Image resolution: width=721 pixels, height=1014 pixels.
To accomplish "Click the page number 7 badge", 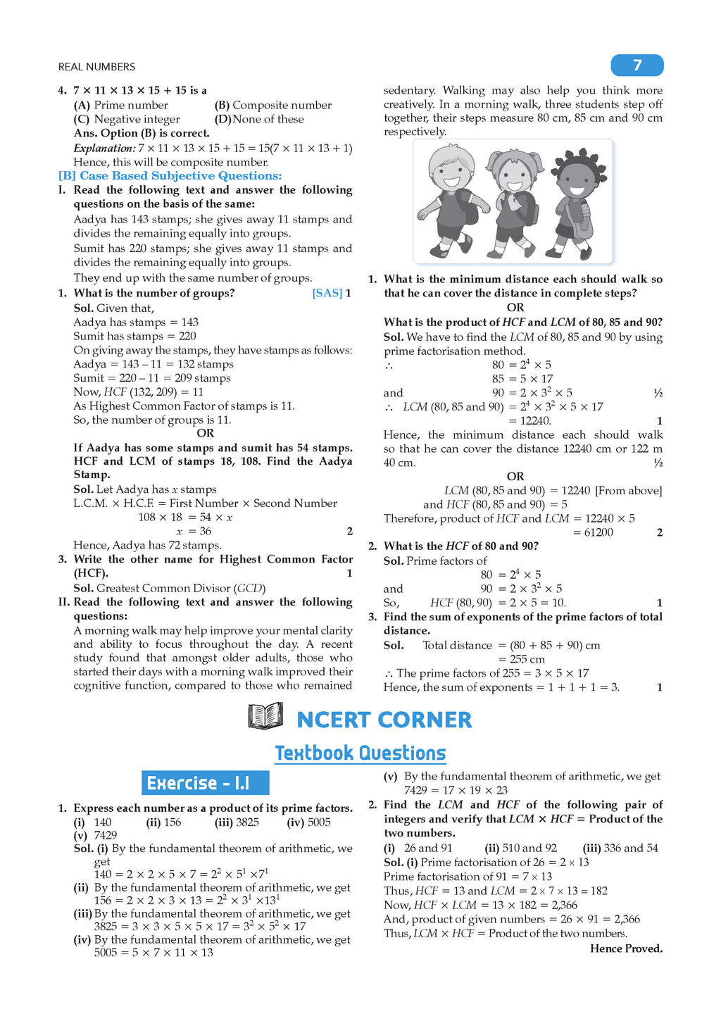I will click(x=637, y=65).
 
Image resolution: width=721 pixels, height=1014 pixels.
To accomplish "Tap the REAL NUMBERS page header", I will click(x=96, y=67).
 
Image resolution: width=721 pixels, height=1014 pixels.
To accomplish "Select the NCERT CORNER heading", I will click(x=384, y=720).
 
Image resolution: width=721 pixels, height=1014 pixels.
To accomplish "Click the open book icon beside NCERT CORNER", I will click(x=265, y=717).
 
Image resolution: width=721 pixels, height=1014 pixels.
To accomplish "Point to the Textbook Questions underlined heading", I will click(x=360, y=753).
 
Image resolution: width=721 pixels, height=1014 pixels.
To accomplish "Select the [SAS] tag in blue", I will click(x=327, y=293).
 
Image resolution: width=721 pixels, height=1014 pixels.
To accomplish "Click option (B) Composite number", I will click(x=273, y=105).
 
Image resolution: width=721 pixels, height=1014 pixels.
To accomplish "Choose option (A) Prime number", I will click(x=121, y=105).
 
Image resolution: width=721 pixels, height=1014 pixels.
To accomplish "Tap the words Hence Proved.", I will click(x=626, y=949).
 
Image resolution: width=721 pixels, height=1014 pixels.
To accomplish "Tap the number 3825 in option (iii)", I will click(x=247, y=822).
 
